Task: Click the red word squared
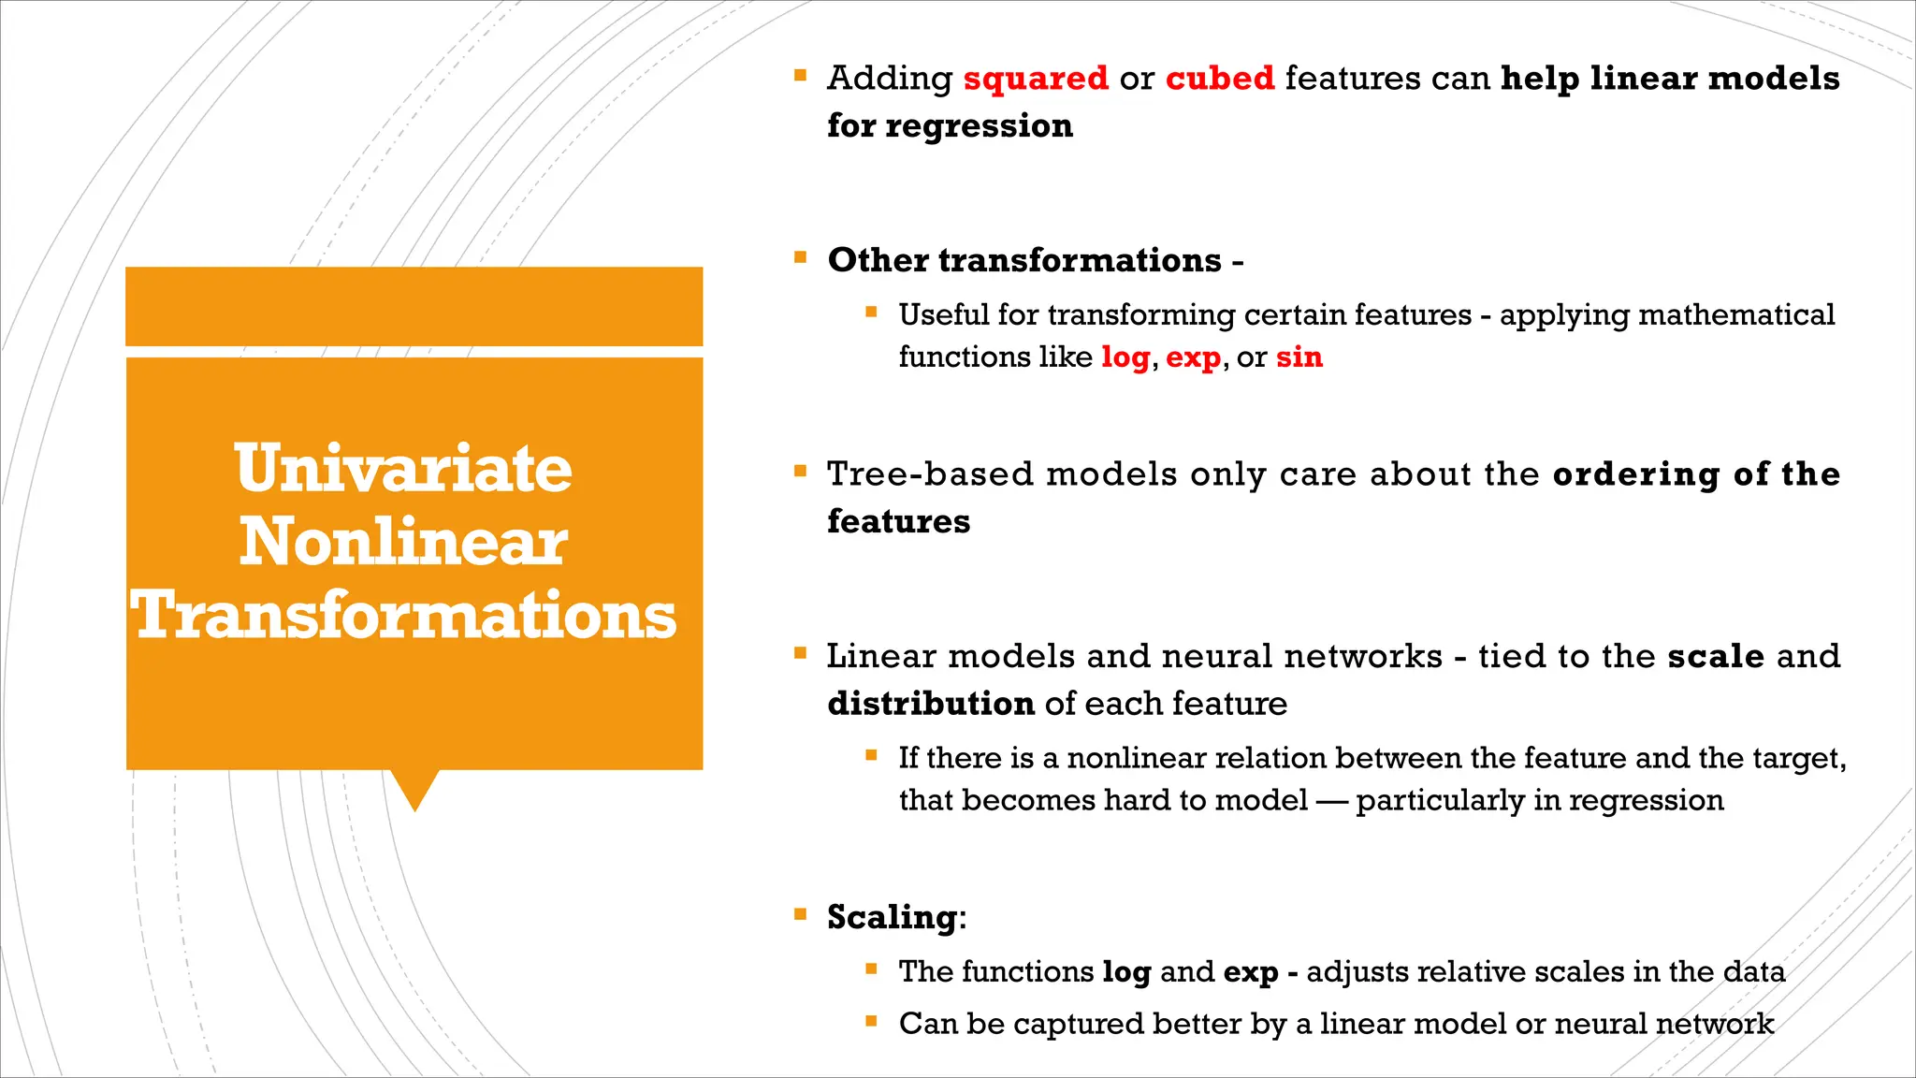(1036, 79)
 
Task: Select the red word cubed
(1220, 79)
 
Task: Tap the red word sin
(1299, 357)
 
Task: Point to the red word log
(1125, 357)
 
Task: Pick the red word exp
(1193, 358)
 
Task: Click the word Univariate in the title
(403, 469)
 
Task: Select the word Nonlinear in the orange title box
(403, 543)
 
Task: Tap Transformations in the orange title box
(404, 616)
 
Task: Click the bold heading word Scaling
(893, 917)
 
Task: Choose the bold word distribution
(931, 704)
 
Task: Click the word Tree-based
(930, 474)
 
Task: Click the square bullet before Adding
(800, 76)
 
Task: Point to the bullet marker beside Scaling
(800, 914)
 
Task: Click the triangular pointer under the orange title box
(414, 789)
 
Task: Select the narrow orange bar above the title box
(414, 306)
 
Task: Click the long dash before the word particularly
(1331, 801)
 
